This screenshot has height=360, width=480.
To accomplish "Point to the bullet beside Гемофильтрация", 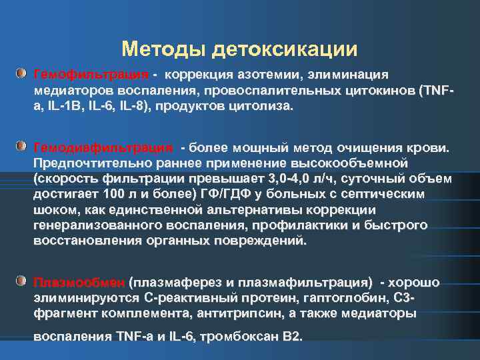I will pos(22,73).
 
